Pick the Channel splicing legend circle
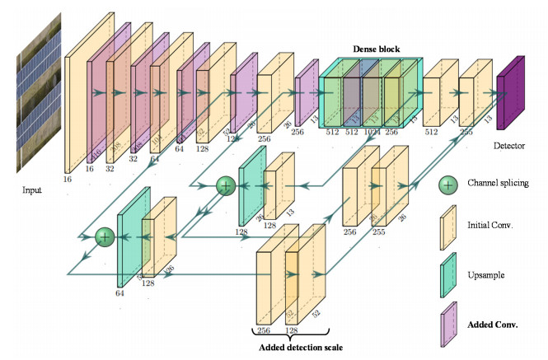pyautogui.click(x=447, y=185)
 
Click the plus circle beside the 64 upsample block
pyautogui.click(x=105, y=237)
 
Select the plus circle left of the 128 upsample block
pyautogui.click(x=225, y=185)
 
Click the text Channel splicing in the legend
pyautogui.click(x=497, y=183)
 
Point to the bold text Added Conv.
pyautogui.click(x=492, y=324)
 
